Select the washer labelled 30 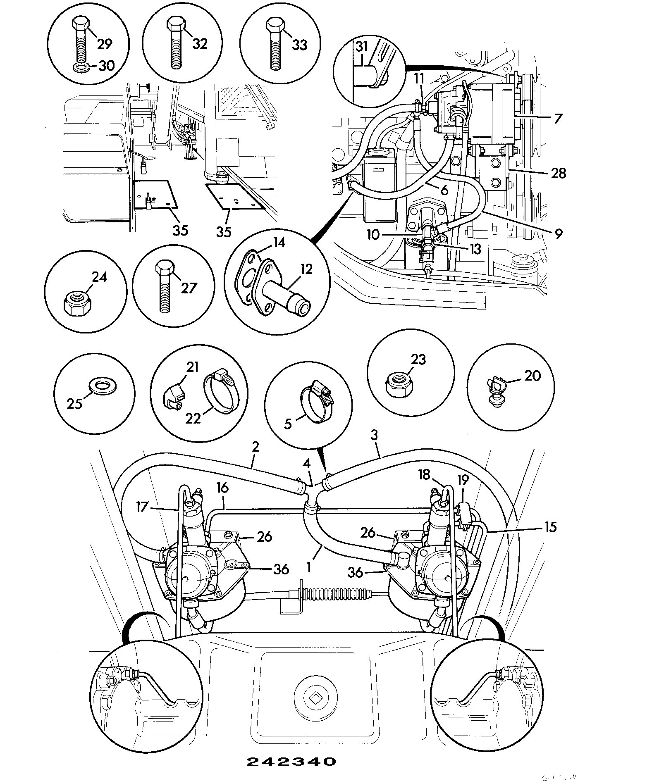(x=81, y=67)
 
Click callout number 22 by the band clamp (x=193, y=418)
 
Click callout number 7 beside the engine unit (x=558, y=119)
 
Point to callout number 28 (x=559, y=173)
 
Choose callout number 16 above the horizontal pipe (x=222, y=488)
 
